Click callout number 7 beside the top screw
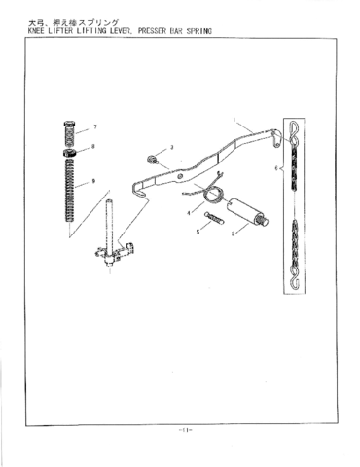(95, 128)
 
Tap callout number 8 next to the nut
(93, 147)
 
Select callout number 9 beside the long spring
(93, 181)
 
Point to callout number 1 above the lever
(234, 120)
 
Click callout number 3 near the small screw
(171, 148)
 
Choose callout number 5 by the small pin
(198, 232)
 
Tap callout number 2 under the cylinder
(233, 233)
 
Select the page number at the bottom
(181, 429)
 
